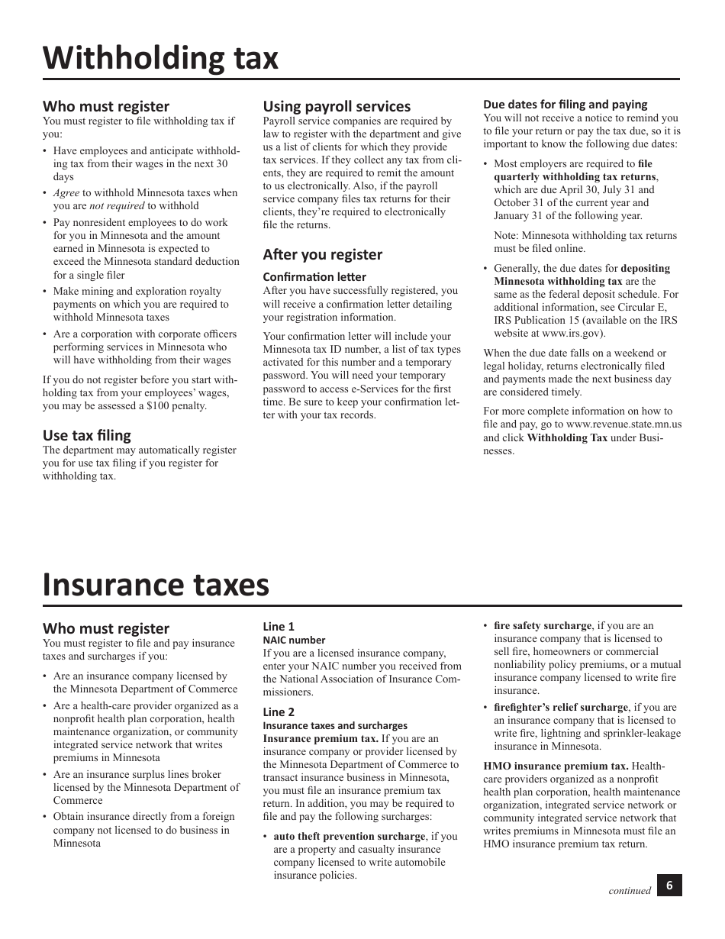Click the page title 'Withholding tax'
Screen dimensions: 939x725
160,58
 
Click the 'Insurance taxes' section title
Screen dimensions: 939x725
156,585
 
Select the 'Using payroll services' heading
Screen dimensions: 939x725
337,106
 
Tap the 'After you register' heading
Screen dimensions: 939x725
322,254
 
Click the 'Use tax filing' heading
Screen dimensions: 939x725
86,435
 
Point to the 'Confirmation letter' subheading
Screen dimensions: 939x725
314,276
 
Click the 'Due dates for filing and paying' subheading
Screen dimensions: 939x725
565,104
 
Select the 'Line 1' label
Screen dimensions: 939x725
279,626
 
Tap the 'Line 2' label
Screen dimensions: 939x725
279,712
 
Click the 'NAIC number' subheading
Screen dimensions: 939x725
294,640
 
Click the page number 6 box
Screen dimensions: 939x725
669,886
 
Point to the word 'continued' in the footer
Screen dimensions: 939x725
630,890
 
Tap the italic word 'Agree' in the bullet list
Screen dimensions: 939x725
66,192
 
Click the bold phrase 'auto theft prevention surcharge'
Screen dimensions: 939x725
349,836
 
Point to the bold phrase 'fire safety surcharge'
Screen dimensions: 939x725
542,625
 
